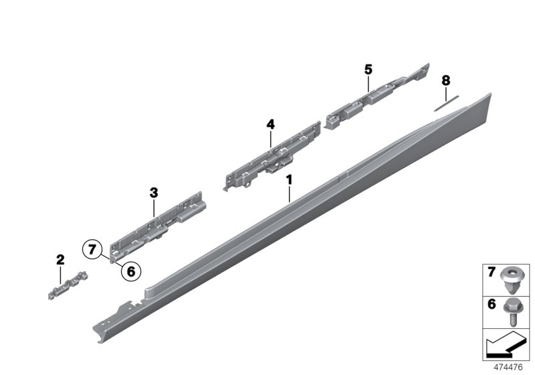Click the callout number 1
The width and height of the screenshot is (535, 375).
tap(289, 180)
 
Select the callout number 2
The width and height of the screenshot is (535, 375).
tap(60, 259)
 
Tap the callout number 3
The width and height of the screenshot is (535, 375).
tap(153, 193)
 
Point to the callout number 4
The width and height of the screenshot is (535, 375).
tap(270, 124)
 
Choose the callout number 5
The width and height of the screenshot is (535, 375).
tap(368, 68)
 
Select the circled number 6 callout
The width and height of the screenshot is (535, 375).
tap(130, 271)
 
